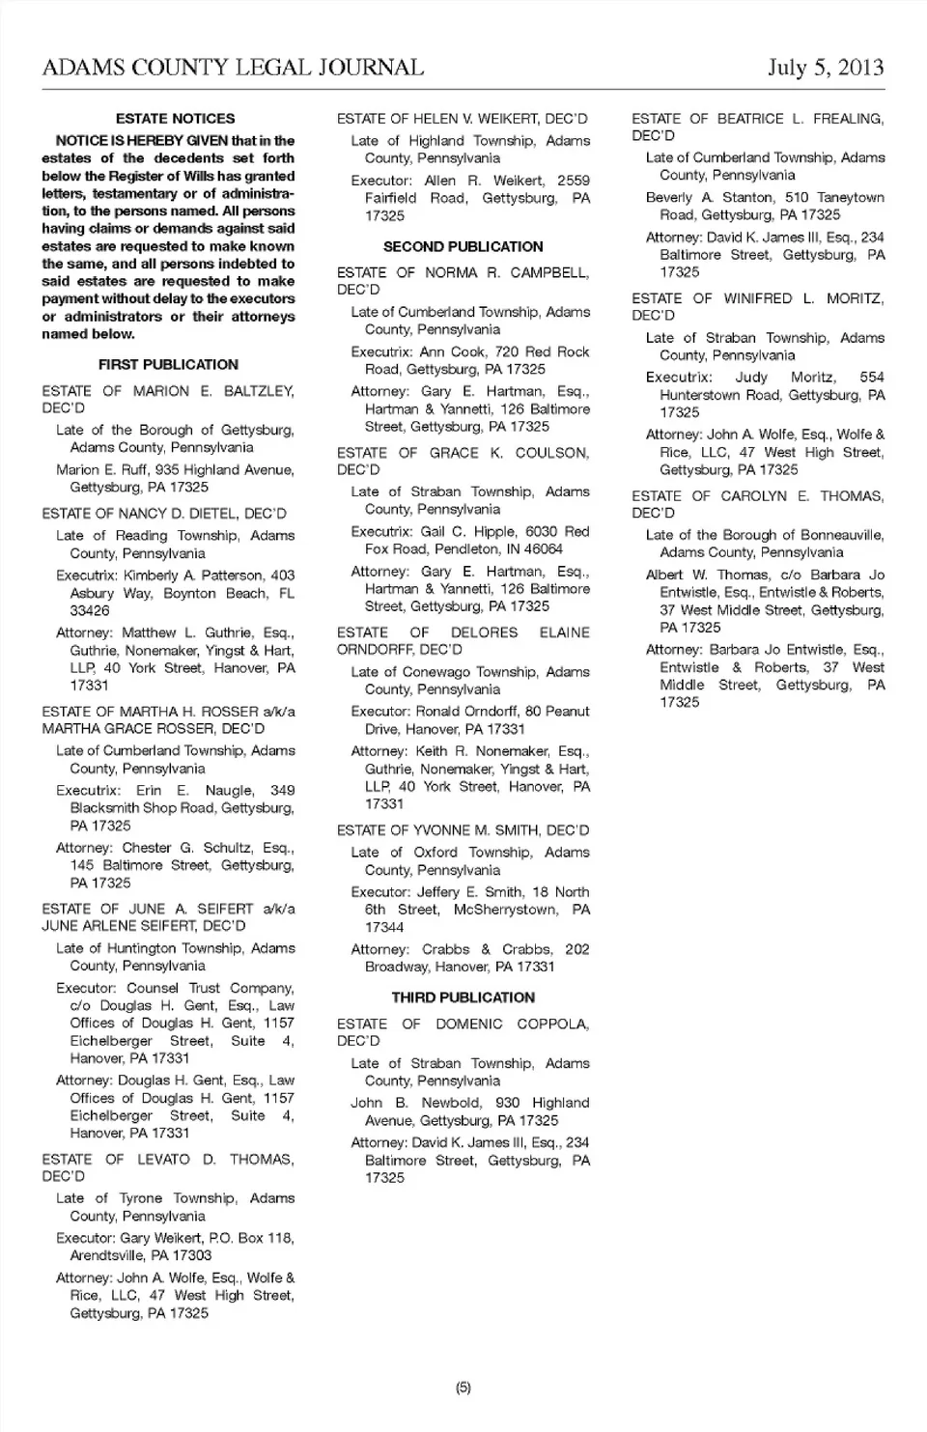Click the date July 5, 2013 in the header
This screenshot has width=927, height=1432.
826,67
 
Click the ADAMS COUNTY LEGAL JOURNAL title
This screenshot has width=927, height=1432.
233,67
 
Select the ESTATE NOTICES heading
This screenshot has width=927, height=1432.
175,119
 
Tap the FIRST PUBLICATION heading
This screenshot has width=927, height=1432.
168,364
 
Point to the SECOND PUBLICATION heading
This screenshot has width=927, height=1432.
463,246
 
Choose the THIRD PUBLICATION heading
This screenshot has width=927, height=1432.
463,997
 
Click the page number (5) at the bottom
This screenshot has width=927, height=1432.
463,1388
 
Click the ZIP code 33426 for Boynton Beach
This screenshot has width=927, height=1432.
90,610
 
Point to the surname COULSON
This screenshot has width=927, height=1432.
551,452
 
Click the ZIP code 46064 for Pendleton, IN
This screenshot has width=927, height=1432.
545,548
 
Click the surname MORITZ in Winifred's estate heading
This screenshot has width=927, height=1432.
855,298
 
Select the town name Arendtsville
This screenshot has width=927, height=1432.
105,1255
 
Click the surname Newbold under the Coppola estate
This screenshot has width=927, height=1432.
450,1103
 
